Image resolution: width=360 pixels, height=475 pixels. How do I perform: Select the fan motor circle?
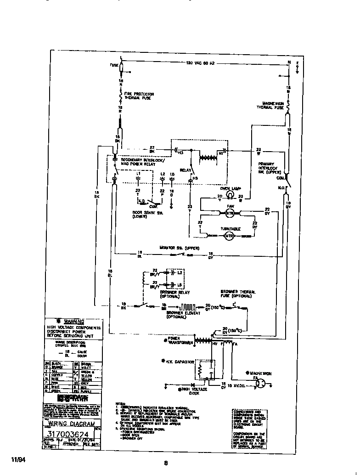tap(231, 213)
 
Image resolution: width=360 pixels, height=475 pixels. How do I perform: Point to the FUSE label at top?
tap(114, 65)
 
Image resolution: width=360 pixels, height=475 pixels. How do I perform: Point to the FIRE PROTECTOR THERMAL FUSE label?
tap(139, 96)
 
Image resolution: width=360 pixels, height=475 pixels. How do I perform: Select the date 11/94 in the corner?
tap(17, 459)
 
